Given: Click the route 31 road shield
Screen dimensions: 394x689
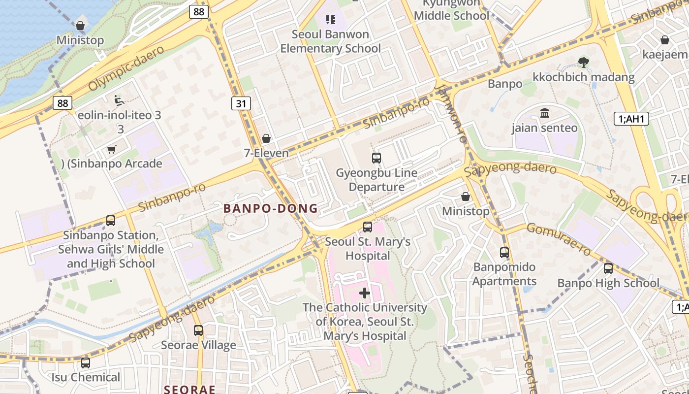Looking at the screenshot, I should point(241,103).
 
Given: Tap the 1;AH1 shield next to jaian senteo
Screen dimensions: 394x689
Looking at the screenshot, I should point(631,118).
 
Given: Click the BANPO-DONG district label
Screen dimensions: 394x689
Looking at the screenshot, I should point(271,208).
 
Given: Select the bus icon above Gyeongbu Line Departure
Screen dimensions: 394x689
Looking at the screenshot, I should point(376,158).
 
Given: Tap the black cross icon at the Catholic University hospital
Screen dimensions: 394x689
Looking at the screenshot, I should point(365,293).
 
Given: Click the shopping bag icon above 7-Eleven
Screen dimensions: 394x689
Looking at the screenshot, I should point(266,138).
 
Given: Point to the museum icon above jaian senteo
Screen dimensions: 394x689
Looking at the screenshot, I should point(545,113).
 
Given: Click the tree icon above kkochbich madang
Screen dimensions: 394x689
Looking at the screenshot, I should point(584,62).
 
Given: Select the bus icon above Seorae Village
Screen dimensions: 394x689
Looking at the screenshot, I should point(198,330).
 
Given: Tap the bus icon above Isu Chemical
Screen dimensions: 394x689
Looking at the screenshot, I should point(86,363).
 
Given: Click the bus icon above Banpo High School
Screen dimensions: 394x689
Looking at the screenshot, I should point(608,268).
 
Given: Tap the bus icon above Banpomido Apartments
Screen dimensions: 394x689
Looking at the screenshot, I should point(504,253).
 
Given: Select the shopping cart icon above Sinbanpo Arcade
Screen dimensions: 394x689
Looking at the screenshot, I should point(112,149).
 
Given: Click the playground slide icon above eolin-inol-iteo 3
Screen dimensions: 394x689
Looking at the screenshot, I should point(119,100).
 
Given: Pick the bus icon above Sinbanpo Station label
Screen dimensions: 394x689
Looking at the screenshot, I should point(111,221).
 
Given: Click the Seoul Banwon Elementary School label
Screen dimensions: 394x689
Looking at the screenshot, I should point(330,41).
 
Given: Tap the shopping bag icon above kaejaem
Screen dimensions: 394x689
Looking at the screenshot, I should point(665,40).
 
